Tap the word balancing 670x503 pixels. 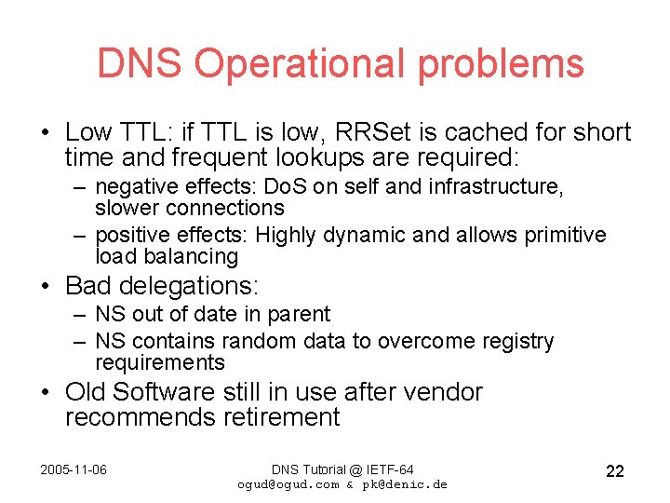[193, 256]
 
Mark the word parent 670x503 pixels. [300, 315]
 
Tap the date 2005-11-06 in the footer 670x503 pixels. [74, 469]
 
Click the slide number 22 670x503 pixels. [614, 471]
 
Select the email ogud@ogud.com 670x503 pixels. [288, 484]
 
